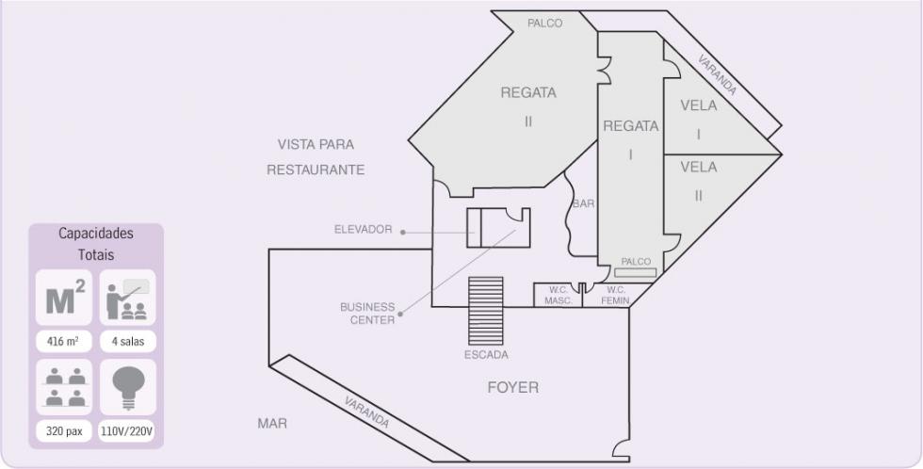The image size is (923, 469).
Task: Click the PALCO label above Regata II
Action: tap(544, 24)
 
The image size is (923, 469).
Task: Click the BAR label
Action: tap(583, 203)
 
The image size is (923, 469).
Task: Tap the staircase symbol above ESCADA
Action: tap(486, 311)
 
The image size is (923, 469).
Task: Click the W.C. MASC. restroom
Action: tap(558, 295)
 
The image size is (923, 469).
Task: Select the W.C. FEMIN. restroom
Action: tap(616, 295)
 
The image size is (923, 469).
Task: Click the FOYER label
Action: tap(512, 387)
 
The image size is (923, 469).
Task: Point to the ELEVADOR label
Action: tap(364, 230)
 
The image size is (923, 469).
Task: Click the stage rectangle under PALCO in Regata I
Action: tap(635, 272)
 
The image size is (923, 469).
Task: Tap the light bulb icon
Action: tap(128, 387)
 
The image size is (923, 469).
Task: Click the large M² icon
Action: tap(65, 297)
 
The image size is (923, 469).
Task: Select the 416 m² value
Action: tap(64, 341)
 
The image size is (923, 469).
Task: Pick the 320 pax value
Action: tap(64, 431)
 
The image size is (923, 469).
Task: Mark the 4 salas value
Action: tap(128, 341)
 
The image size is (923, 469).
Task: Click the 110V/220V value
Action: tap(128, 431)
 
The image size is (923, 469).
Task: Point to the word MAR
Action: tap(272, 423)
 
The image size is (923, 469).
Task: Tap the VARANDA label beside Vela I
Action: tap(717, 74)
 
